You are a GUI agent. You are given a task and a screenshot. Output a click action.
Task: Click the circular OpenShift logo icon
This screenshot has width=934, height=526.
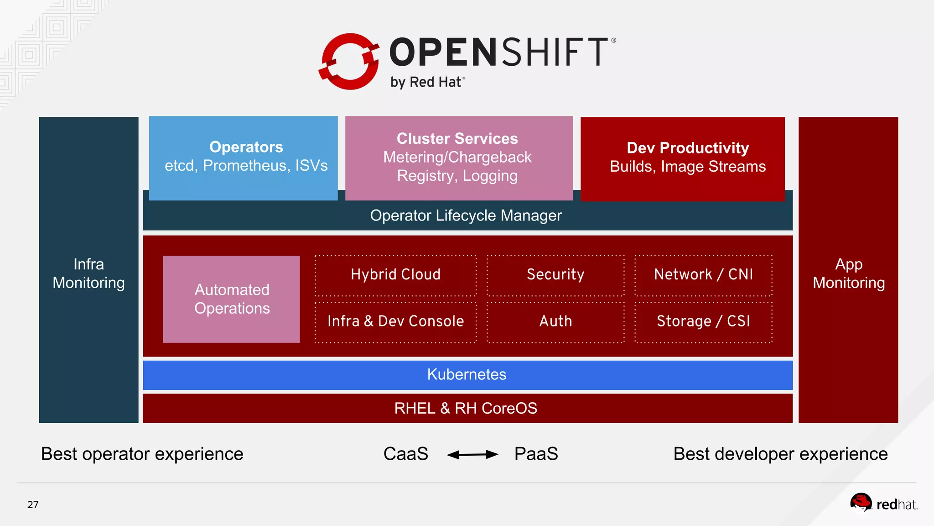[349, 61]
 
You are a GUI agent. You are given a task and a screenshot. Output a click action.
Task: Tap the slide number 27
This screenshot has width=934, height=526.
[33, 505]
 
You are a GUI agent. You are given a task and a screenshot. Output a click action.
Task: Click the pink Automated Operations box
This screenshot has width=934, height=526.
[231, 299]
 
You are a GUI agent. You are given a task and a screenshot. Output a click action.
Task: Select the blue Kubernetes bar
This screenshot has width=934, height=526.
[467, 375]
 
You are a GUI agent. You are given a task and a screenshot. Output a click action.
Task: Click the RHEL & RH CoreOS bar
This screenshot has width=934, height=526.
[467, 408]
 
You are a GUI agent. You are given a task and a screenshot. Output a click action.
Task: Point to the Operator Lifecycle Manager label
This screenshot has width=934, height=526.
[466, 216]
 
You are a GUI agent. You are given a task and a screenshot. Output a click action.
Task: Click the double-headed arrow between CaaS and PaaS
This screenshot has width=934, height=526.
[472, 454]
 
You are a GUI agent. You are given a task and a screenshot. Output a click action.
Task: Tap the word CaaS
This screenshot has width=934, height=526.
[405, 454]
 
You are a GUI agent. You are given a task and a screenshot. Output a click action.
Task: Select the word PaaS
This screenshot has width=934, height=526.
[536, 454]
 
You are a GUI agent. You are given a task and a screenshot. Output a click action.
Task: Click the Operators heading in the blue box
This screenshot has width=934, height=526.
[246, 147]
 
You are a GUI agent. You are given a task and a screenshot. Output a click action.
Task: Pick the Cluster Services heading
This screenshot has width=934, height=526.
[457, 138]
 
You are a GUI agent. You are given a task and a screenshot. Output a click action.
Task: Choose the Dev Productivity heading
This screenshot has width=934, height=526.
[687, 148]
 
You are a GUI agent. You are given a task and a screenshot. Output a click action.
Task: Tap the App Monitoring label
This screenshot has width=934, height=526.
[848, 274]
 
